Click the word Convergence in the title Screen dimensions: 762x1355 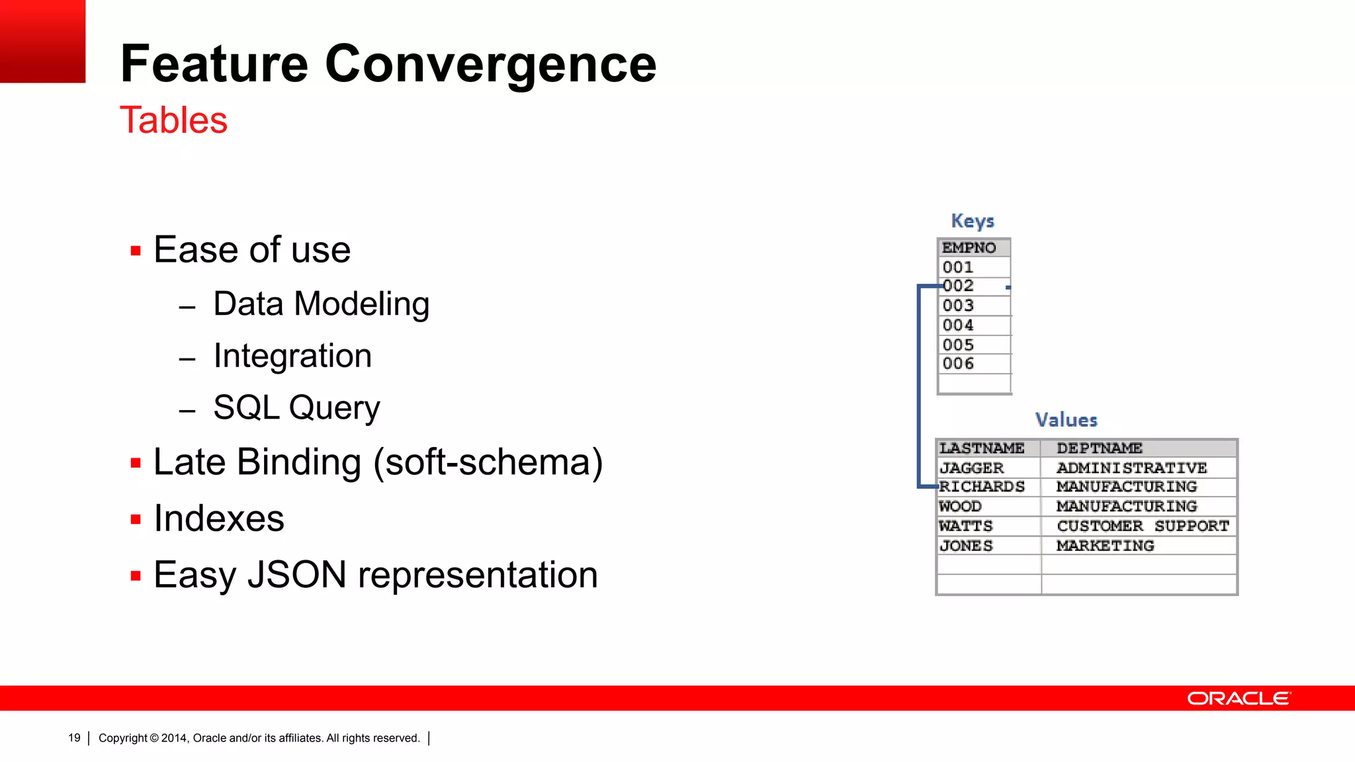tap(490, 64)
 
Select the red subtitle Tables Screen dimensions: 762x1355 tap(173, 120)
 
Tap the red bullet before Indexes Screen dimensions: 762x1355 tap(136, 519)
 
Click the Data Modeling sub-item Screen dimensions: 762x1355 tap(321, 304)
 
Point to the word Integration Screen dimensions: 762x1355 tap(292, 356)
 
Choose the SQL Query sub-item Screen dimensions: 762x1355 tap(296, 407)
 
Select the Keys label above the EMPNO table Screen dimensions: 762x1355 tap(972, 220)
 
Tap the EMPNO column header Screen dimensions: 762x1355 tap(969, 247)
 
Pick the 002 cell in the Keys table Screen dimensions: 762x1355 tap(958, 286)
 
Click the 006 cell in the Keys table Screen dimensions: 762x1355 tap(958, 364)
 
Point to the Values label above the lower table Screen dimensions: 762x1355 tap(1066, 420)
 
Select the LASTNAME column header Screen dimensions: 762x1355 tap(982, 448)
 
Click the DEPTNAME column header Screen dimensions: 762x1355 tap(1099, 448)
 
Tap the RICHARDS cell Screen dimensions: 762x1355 tap(982, 487)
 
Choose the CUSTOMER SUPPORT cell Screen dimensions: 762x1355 tap(1142, 526)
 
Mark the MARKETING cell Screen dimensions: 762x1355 tap(1105, 546)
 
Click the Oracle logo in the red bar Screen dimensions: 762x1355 tap(1238, 698)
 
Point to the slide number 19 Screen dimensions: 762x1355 tap(74, 738)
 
